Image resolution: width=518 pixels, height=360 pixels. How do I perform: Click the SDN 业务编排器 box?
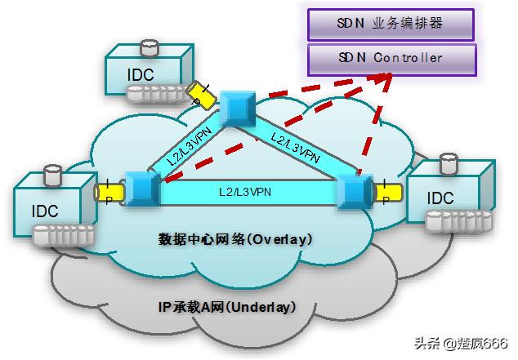[390, 24]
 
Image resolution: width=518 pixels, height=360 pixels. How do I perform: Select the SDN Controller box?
[390, 58]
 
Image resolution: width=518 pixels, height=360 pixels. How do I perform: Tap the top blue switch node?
[239, 102]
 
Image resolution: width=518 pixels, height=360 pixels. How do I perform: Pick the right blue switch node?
[355, 190]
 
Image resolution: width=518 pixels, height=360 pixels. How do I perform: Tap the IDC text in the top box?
[140, 73]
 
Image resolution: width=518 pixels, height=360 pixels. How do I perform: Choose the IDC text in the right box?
[440, 198]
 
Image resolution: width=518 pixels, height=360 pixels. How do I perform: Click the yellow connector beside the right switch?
[389, 193]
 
